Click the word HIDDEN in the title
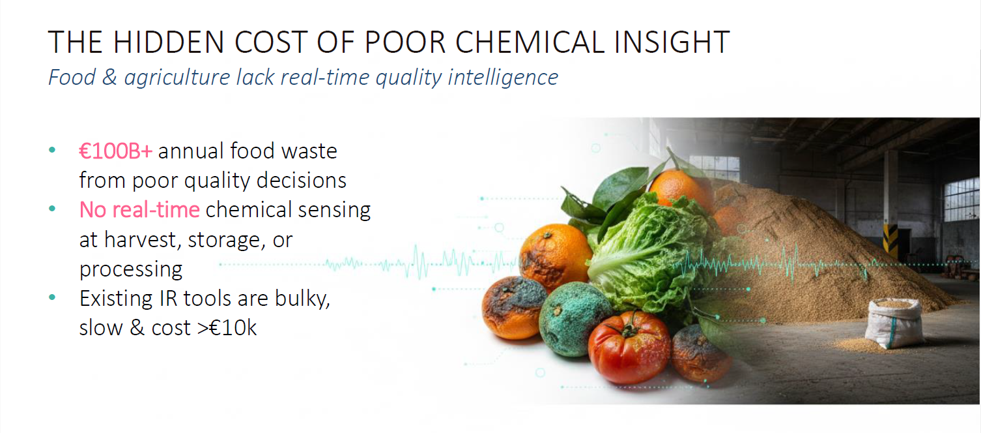click(168, 42)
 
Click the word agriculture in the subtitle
click(177, 78)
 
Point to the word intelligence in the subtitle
click(503, 78)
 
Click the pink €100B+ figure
click(115, 151)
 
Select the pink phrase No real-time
click(139, 210)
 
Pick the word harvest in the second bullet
click(143, 240)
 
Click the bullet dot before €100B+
click(52, 151)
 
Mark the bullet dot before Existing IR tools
click(52, 297)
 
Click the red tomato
click(629, 346)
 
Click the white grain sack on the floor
click(895, 323)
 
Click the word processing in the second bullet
click(131, 269)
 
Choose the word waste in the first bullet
click(309, 151)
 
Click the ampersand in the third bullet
click(137, 328)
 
